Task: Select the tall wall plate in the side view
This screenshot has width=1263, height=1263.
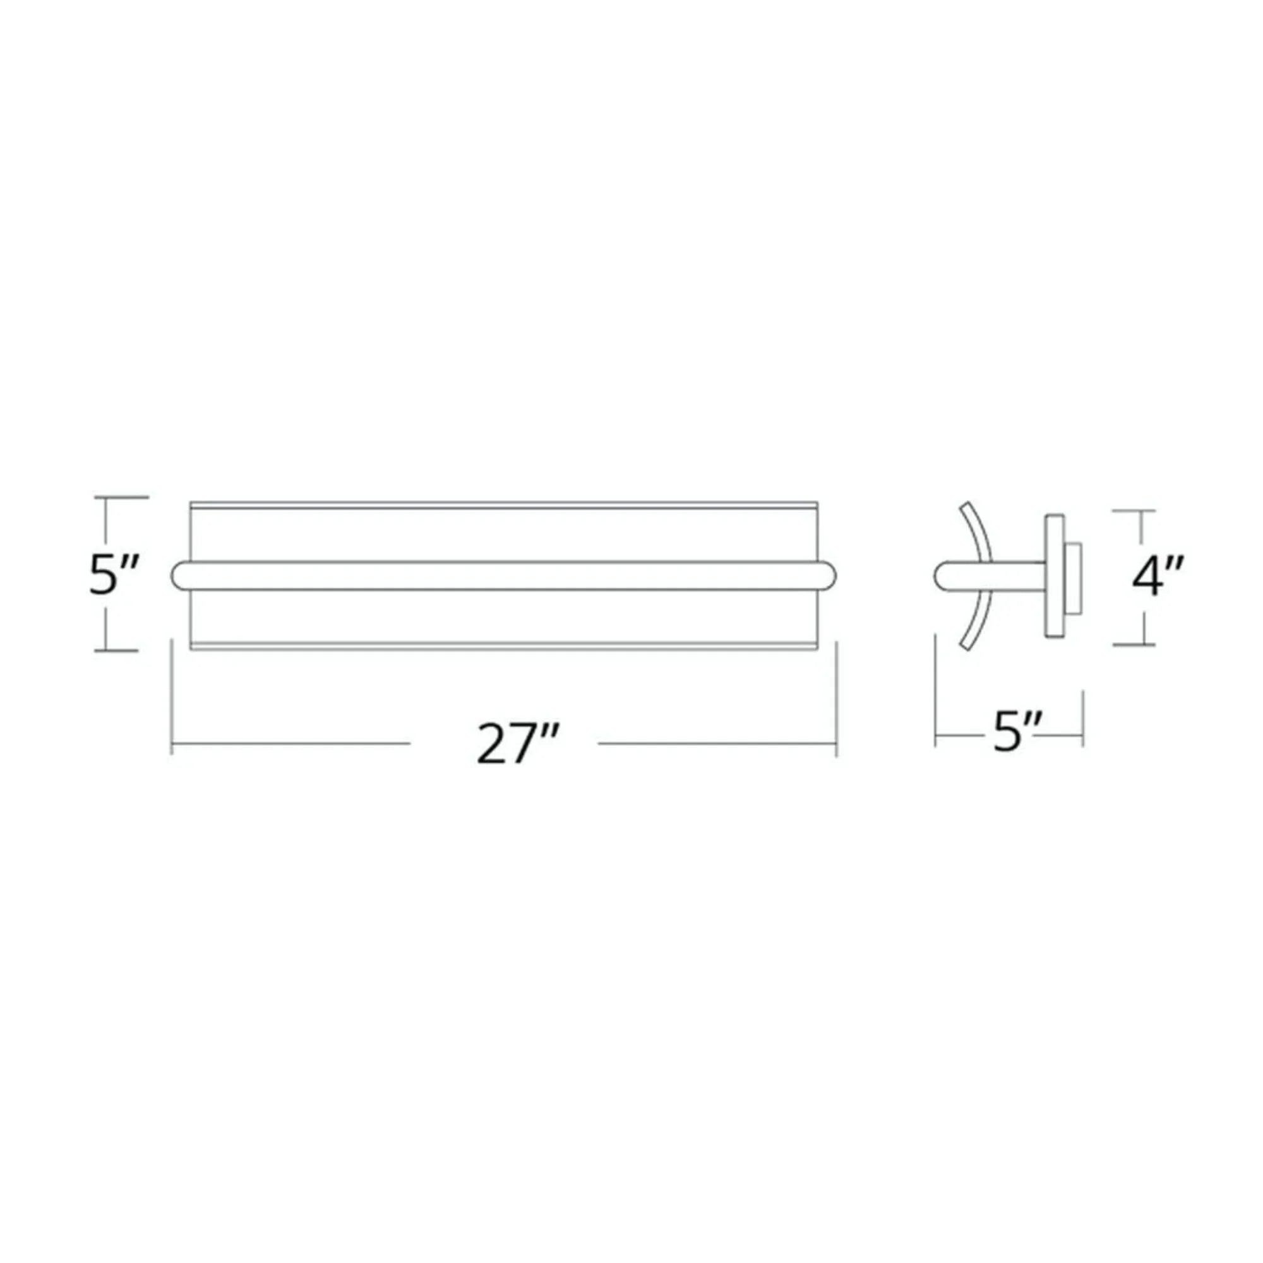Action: (x=1054, y=576)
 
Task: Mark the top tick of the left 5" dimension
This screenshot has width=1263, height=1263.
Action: (x=122, y=498)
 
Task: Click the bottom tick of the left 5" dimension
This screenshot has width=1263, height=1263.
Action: (x=116, y=650)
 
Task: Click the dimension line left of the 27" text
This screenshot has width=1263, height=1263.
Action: (x=291, y=743)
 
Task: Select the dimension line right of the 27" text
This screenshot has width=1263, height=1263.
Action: (x=717, y=743)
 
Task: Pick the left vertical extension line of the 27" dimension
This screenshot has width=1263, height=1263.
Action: (x=172, y=696)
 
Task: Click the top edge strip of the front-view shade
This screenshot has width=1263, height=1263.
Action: (x=503, y=505)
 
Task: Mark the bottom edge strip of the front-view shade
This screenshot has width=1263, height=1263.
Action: (x=503, y=647)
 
